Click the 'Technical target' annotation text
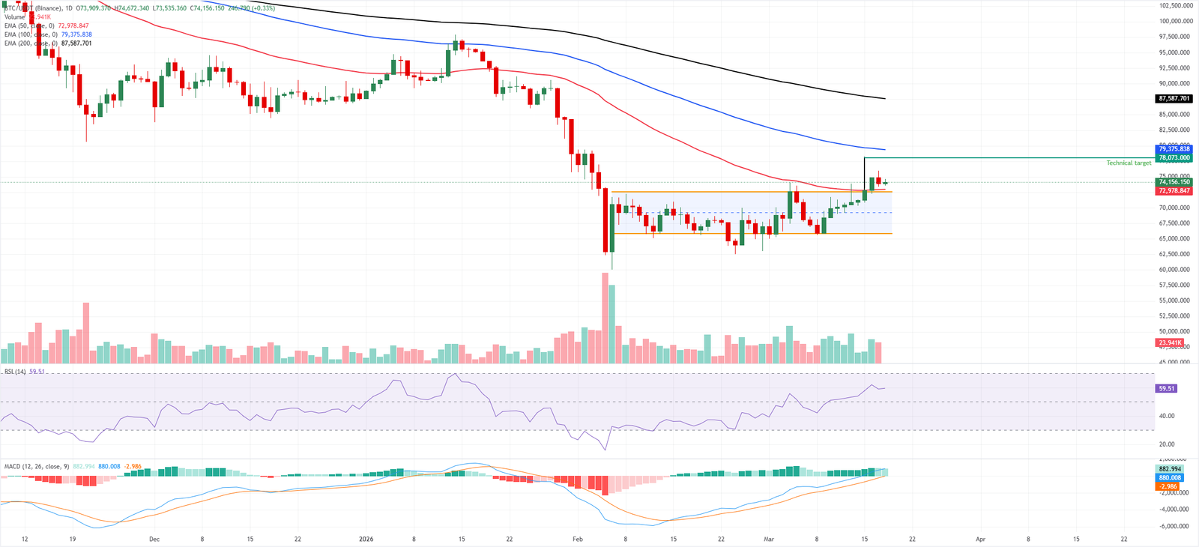[1129, 163]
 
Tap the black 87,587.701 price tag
[1174, 98]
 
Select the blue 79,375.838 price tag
[1174, 149]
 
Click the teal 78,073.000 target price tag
[1174, 157]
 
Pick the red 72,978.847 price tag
[1174, 190]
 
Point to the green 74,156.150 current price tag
[1174, 182]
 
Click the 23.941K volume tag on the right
[1171, 342]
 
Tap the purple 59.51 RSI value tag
[1167, 388]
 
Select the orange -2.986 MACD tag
[1168, 486]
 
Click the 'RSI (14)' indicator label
[15, 372]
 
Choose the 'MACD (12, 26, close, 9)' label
[36, 466]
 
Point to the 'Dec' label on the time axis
[154, 539]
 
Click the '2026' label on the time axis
[366, 539]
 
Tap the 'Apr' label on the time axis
[980, 539]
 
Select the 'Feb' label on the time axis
[577, 539]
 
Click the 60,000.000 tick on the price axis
[1175, 270]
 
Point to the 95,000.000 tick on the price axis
[1175, 52]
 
